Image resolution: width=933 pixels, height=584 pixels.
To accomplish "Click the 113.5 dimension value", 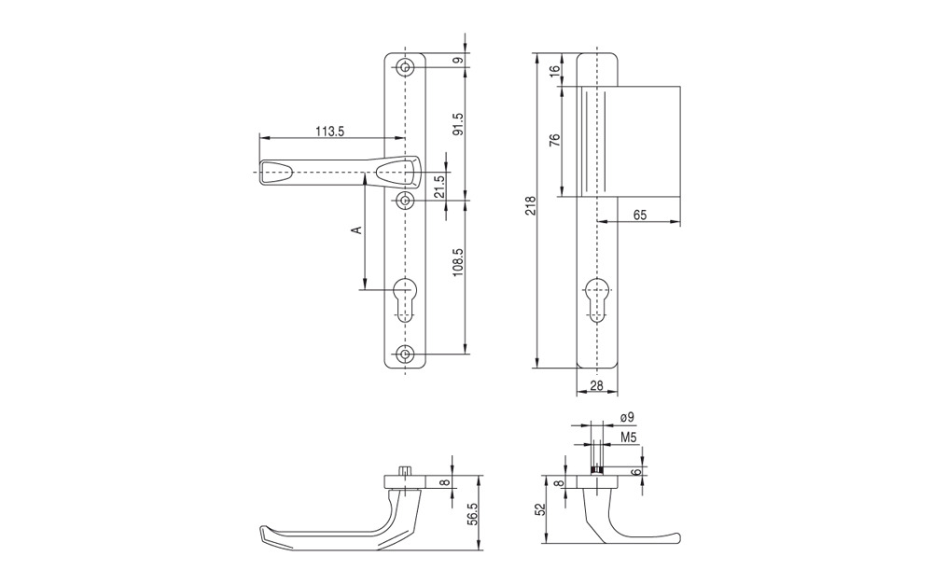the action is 330,132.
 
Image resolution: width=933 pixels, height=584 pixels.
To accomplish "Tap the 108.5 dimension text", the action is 457,263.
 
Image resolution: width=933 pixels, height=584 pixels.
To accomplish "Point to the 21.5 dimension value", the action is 439,187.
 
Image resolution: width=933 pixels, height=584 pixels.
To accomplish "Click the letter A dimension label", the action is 356,229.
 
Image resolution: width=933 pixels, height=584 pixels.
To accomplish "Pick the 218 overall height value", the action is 532,205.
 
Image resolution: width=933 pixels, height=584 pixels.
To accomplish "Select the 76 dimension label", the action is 554,140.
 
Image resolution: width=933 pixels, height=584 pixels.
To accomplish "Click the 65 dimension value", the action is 640,215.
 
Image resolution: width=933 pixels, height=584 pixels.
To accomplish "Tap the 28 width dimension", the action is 596,386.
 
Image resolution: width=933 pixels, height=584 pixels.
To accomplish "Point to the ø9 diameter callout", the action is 627,418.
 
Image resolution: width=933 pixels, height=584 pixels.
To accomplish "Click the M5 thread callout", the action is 629,438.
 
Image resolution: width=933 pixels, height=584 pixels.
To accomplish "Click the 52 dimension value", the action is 540,509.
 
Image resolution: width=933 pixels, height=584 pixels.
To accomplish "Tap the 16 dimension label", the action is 554,70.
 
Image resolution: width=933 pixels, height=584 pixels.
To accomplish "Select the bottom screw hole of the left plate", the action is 406,355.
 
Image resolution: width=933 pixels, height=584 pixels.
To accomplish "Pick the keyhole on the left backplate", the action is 406,299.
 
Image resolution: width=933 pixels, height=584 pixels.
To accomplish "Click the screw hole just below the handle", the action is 406,202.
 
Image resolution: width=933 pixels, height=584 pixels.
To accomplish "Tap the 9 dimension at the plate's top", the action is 457,60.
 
